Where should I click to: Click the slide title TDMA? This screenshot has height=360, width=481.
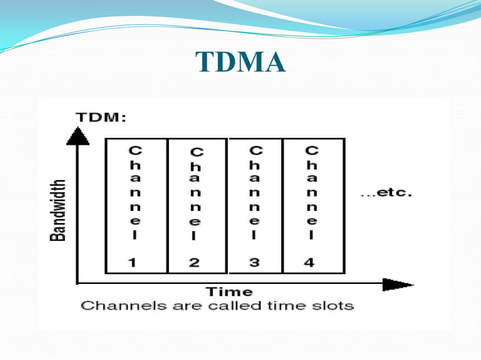click(240, 63)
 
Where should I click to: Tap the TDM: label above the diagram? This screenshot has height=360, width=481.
click(101, 117)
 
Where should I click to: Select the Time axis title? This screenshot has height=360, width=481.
click(230, 291)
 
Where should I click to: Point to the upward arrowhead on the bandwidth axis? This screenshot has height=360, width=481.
click(78, 136)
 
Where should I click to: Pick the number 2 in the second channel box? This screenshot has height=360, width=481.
click(195, 263)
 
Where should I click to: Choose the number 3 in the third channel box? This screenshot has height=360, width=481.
click(255, 262)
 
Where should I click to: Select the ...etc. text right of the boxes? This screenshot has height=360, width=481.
click(386, 193)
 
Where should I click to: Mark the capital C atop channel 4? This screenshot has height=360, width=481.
click(312, 151)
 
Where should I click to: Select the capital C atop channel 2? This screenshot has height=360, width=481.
click(195, 152)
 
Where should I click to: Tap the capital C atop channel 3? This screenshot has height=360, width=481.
click(255, 151)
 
